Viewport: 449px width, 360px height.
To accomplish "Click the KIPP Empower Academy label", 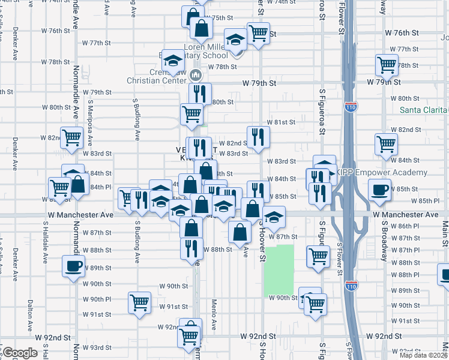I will tap(382, 173).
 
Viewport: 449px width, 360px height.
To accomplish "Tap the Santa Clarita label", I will tap(424, 110).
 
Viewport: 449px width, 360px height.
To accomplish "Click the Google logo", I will tap(20, 353).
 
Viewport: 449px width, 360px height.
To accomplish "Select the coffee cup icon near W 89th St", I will tap(73, 266).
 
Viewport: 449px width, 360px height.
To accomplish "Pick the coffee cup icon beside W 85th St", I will tap(379, 190).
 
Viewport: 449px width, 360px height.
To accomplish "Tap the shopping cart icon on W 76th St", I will tap(258, 33).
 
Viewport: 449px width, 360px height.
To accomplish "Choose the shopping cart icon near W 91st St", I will tap(139, 302).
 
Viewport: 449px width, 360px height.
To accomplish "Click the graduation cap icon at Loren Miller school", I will tap(236, 40).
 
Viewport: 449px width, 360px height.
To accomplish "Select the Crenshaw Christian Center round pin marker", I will tap(194, 76).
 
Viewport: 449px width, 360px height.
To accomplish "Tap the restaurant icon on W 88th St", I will tap(191, 247).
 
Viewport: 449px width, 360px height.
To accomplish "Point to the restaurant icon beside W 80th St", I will tap(200, 94).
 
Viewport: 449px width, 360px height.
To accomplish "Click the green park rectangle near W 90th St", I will tap(279, 270).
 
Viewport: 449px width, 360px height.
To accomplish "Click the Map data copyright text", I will tap(424, 355).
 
